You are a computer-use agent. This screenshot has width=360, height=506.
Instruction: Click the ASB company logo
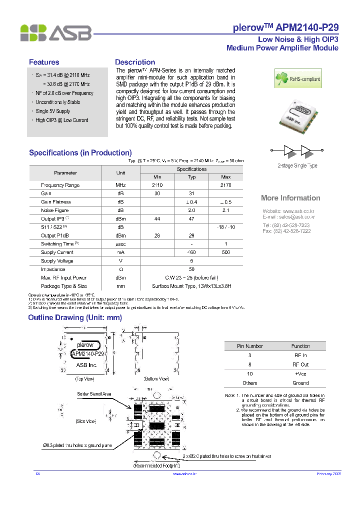point(55,32)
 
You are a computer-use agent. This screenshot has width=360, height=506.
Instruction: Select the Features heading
point(44,62)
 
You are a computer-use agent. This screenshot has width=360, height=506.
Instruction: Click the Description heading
point(135,62)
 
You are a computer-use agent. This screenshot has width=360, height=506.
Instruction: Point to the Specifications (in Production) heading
point(80,153)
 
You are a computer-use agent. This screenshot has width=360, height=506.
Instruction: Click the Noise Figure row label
point(55,210)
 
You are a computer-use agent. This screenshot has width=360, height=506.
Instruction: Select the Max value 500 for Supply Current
point(226,252)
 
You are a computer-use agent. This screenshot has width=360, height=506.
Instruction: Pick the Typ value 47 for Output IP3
point(191,219)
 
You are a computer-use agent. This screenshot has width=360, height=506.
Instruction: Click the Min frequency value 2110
point(157,185)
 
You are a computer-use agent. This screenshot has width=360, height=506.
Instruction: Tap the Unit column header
point(120,173)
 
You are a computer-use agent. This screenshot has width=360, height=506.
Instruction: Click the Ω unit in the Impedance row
point(120,269)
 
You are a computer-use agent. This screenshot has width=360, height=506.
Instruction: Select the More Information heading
point(290,198)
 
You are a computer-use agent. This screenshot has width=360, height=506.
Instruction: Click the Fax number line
point(286,231)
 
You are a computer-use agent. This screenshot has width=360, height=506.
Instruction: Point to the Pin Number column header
point(250,346)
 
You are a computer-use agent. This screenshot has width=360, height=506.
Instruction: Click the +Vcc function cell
point(300,373)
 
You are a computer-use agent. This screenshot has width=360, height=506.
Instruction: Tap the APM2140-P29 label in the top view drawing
point(87,354)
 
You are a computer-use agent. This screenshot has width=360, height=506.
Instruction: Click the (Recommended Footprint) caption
point(156,465)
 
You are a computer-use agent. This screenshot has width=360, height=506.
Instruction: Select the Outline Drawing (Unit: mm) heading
point(75,317)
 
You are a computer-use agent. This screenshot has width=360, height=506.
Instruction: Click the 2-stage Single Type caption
point(297,165)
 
